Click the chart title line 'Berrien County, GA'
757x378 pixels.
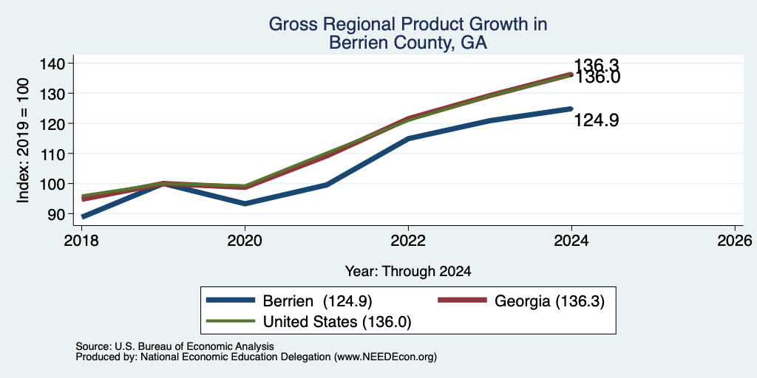pos(407,43)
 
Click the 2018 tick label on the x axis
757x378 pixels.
pos(82,240)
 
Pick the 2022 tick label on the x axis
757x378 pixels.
pos(408,240)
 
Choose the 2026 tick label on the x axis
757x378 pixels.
pos(735,240)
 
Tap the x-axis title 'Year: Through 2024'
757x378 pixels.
pos(408,272)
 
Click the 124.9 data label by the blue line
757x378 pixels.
pos(597,120)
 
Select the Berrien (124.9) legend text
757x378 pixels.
pos(317,301)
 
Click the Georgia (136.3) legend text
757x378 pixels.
pos(549,301)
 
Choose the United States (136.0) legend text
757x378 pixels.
pos(337,322)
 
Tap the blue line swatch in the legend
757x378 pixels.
pos(231,300)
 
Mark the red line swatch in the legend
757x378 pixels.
pos(462,300)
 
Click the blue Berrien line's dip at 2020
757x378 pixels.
pos(245,204)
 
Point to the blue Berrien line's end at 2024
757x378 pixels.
pos(571,109)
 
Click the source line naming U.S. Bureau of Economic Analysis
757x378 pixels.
pos(174,346)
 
